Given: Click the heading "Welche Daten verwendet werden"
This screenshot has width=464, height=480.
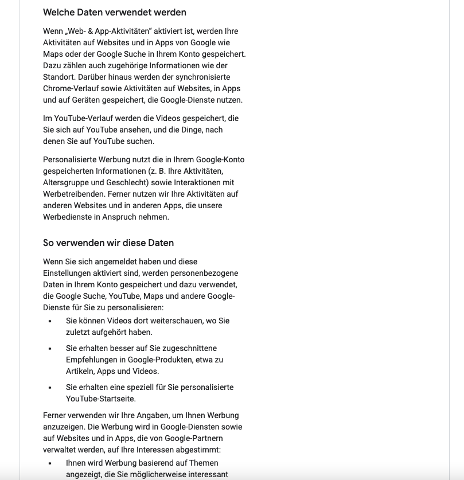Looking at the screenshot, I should coord(115,12).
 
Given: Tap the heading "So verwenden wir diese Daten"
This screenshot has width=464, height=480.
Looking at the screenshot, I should coord(108,243).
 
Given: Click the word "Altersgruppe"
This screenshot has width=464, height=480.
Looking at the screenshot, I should coord(67,182).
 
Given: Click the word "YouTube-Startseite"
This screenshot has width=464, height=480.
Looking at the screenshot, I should coord(101,399).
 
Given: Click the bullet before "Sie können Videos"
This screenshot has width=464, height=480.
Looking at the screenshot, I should coord(50,321).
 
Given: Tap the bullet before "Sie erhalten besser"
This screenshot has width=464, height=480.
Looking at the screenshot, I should coord(50,349).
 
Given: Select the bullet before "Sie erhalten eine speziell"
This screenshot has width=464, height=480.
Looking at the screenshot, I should coord(50,388).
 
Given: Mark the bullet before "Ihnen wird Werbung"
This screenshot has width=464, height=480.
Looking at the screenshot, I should coord(50,463).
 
